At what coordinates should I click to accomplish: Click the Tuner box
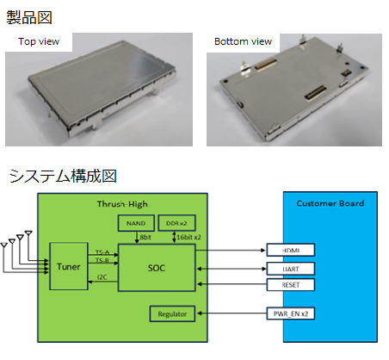[x=69, y=266]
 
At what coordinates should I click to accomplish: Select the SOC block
[x=157, y=268]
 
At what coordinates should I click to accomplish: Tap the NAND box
[x=136, y=223]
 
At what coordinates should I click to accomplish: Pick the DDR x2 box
[x=176, y=223]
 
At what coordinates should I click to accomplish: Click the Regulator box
[x=172, y=313]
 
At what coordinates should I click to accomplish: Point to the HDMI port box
[x=291, y=250]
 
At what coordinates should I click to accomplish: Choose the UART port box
[x=291, y=269]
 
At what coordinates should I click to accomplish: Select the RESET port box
[x=291, y=285]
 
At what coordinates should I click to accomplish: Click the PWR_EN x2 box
[x=291, y=313]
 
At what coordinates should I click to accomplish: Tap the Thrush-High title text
[x=122, y=204]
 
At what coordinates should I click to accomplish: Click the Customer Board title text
[x=330, y=203]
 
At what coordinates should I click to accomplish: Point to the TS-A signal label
[x=102, y=252]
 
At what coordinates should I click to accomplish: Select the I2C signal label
[x=102, y=277]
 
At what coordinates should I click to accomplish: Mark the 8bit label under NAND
[x=145, y=237]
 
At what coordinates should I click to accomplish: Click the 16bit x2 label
[x=188, y=237]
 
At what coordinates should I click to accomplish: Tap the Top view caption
[x=39, y=41]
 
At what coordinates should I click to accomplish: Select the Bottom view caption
[x=243, y=41]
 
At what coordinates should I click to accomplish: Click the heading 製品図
[x=29, y=17]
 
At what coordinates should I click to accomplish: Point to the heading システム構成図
[x=63, y=176]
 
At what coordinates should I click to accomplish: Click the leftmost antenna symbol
[x=3, y=245]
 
